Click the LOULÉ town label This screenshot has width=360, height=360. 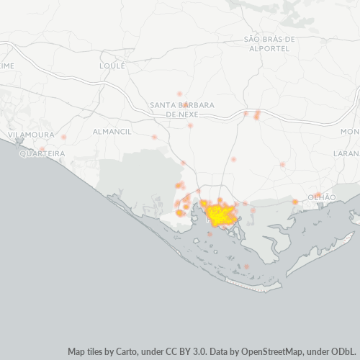click(112, 65)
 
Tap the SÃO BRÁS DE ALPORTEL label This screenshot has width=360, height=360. click(270, 43)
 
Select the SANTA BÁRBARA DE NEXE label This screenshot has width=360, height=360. click(182, 109)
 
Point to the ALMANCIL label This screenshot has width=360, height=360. click(112, 132)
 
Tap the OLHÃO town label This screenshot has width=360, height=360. click(321, 197)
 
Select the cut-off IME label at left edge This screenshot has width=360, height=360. click(7, 65)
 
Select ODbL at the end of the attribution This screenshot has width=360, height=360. click(343, 351)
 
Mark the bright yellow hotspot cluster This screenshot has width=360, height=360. click(218, 214)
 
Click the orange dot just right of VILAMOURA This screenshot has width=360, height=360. click(63, 136)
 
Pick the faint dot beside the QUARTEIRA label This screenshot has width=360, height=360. click(42, 149)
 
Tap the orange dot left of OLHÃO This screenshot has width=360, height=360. click(295, 202)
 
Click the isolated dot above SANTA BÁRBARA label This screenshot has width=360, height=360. click(179, 94)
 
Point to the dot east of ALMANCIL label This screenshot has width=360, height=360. click(154, 136)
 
